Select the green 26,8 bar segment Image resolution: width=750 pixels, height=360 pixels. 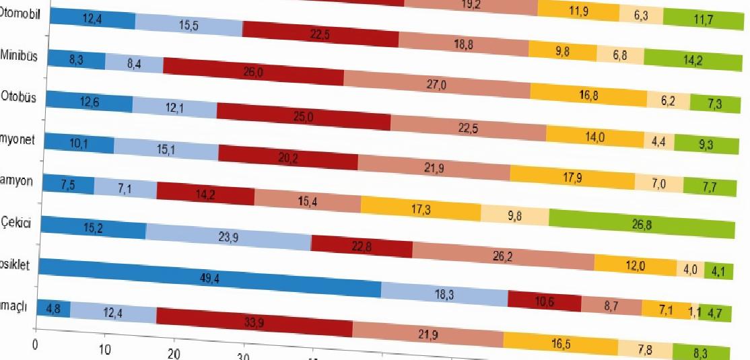[x=642, y=222]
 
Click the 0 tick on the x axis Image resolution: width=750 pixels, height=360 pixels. [x=36, y=341]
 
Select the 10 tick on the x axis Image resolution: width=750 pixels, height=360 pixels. [x=104, y=349]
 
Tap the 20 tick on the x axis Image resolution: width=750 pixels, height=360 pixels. [x=174, y=354]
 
